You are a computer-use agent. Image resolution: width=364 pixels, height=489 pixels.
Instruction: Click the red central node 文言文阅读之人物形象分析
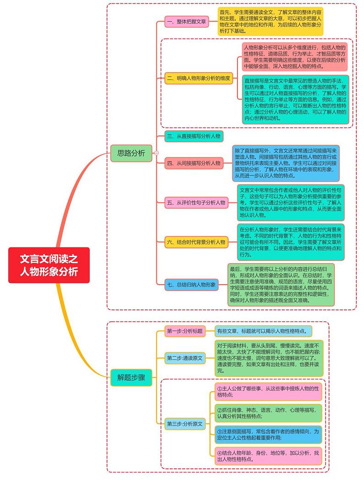click(x=49, y=265)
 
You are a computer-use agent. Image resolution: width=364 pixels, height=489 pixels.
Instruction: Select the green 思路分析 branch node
click(x=131, y=153)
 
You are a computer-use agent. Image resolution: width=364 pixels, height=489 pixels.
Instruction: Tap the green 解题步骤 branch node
click(x=131, y=377)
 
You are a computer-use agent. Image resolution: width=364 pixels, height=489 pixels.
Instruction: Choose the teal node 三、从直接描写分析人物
click(x=194, y=136)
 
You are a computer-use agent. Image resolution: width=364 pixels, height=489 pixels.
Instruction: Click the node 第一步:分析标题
click(x=185, y=331)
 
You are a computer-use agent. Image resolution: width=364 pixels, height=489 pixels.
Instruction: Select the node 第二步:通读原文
click(x=185, y=358)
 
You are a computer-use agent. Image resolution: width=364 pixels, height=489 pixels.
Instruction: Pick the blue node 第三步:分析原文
click(x=185, y=424)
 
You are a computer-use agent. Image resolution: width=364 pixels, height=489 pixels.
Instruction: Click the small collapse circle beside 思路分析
click(x=156, y=153)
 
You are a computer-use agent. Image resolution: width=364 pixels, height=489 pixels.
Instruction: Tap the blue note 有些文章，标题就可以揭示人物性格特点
click(x=263, y=331)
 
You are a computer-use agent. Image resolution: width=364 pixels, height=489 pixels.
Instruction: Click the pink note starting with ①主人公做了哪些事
click(x=268, y=392)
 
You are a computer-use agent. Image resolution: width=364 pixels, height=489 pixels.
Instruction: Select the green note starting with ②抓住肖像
click(x=268, y=413)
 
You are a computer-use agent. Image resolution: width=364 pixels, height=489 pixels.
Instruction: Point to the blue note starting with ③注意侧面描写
click(x=268, y=434)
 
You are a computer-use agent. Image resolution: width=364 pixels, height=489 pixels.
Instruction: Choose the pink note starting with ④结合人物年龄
click(x=268, y=455)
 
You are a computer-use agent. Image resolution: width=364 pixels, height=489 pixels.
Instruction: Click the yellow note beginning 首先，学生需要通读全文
click(x=270, y=21)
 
